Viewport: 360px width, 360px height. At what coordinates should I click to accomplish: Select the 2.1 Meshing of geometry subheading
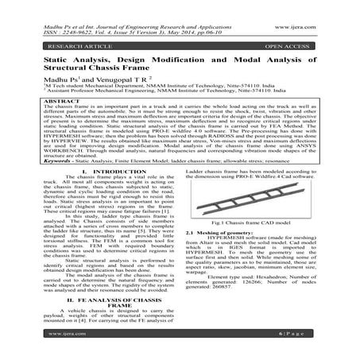(219, 276)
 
